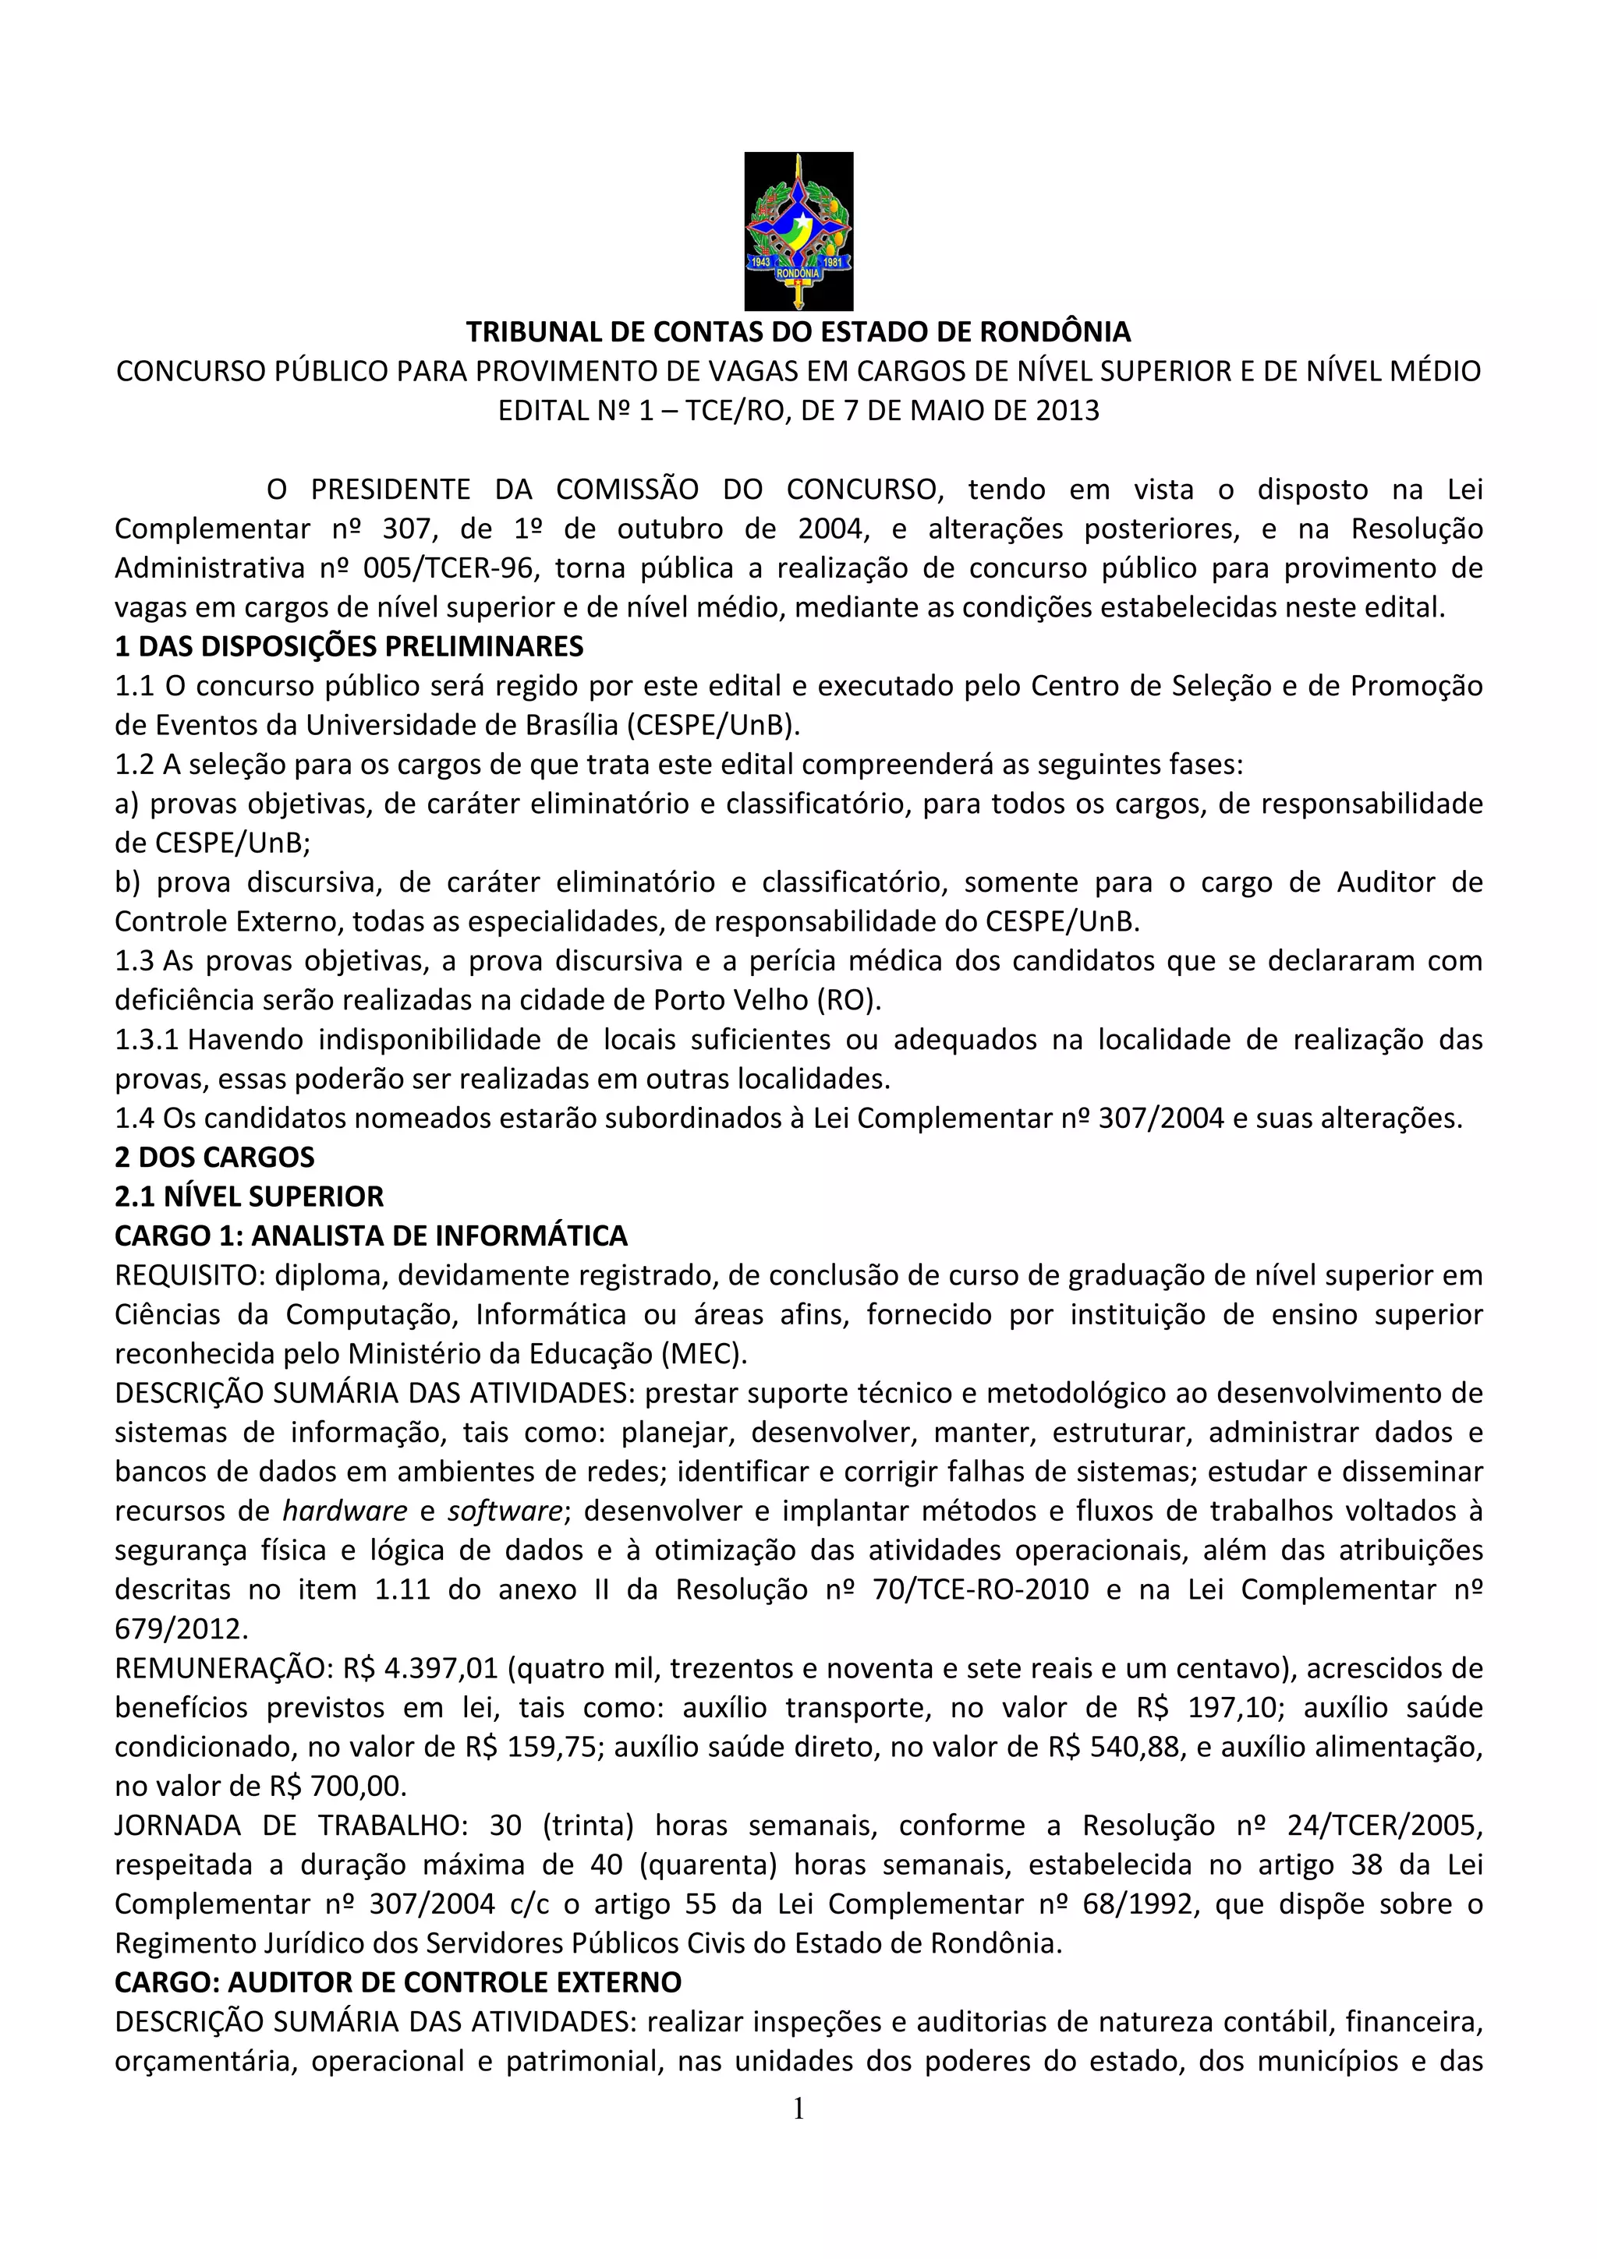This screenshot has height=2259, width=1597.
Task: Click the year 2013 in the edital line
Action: tap(1067, 410)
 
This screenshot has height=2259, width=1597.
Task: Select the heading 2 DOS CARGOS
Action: tap(214, 1157)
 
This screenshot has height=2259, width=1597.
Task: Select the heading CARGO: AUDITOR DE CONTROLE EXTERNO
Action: tap(398, 1981)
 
